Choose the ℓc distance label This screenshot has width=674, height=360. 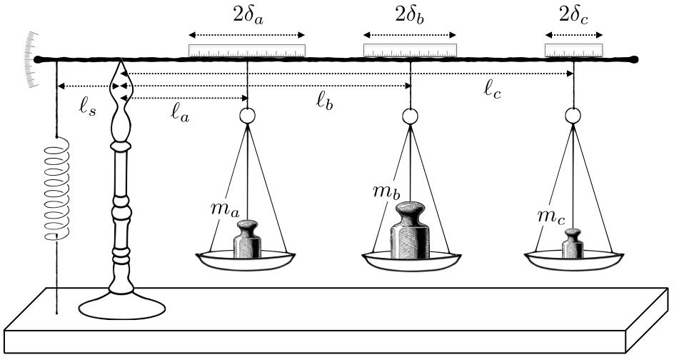pyautogui.click(x=493, y=89)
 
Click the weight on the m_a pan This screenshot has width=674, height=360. pyautogui.click(x=248, y=239)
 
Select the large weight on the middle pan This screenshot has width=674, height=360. pyautogui.click(x=411, y=230)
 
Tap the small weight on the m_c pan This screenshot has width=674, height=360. pyautogui.click(x=573, y=244)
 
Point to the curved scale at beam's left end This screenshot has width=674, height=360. pyautogui.click(x=31, y=59)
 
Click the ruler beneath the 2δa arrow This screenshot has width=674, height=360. pyautogui.click(x=247, y=50)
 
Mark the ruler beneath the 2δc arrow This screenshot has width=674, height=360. pyautogui.click(x=574, y=49)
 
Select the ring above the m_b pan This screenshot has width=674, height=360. pyautogui.click(x=410, y=116)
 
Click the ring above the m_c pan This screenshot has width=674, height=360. pyautogui.click(x=573, y=116)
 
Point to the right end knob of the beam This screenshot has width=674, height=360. pyautogui.click(x=634, y=60)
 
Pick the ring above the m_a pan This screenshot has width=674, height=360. pyautogui.click(x=247, y=116)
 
